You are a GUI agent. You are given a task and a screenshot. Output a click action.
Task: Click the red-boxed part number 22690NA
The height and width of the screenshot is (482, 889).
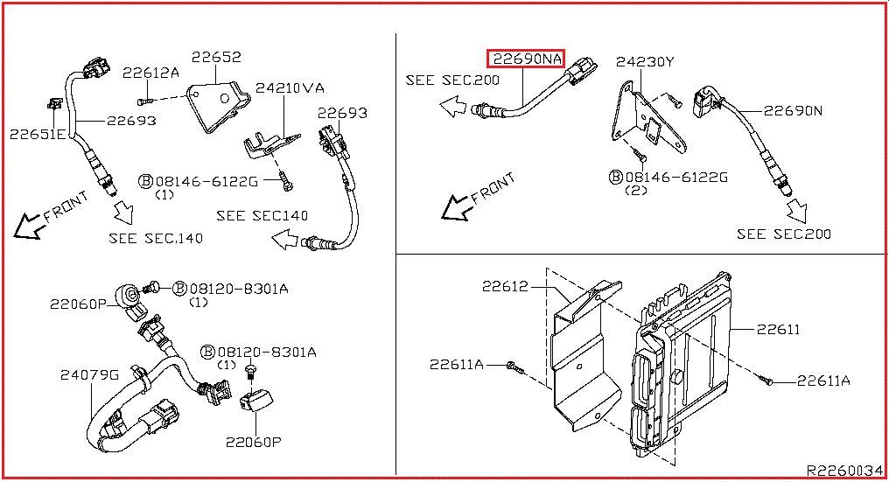(527, 59)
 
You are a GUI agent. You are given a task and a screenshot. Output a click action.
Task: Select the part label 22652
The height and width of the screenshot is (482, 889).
(216, 57)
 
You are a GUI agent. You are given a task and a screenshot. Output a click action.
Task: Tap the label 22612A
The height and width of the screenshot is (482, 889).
(150, 73)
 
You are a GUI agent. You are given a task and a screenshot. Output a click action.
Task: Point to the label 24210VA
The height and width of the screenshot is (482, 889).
(290, 87)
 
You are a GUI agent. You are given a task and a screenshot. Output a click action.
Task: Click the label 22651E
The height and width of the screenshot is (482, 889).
(38, 135)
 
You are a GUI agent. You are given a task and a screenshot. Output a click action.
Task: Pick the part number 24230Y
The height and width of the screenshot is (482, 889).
(645, 61)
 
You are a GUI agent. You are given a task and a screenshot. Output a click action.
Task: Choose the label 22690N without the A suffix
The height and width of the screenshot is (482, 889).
(793, 110)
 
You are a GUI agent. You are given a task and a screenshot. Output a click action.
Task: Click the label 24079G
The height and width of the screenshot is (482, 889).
(89, 374)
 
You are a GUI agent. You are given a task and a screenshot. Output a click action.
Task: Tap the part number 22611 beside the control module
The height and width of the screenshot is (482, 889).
(778, 329)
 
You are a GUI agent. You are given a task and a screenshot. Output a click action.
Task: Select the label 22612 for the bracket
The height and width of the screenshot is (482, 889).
(505, 286)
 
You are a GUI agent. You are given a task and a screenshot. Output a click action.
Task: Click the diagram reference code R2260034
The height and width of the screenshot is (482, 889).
(844, 471)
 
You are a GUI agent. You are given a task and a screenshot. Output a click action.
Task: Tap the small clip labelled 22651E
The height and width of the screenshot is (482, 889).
(54, 104)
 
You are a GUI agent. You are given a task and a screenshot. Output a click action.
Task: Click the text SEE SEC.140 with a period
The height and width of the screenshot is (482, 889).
(156, 238)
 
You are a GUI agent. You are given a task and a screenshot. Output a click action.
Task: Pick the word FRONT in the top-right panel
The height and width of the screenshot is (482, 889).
(493, 188)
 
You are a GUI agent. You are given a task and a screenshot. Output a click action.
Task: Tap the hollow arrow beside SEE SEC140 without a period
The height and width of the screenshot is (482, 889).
(285, 240)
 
